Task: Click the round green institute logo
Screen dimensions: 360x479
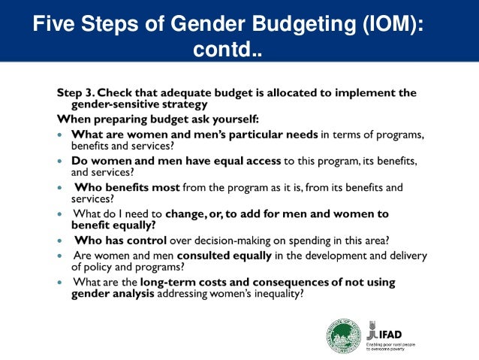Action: tap(343, 334)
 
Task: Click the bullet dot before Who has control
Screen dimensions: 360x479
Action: tap(61, 241)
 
